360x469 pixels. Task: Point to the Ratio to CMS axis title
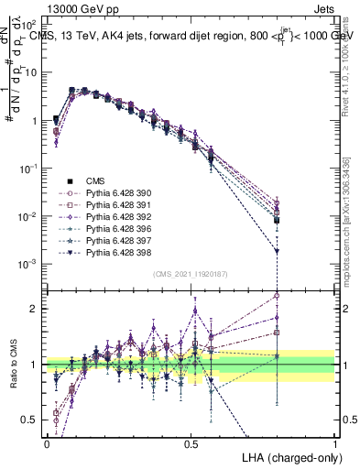point(11,363)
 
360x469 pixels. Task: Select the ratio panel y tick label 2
point(35,309)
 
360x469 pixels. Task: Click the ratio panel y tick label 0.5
point(31,420)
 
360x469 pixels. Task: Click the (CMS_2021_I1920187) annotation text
point(191,274)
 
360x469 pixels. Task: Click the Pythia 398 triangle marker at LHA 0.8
point(278,251)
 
